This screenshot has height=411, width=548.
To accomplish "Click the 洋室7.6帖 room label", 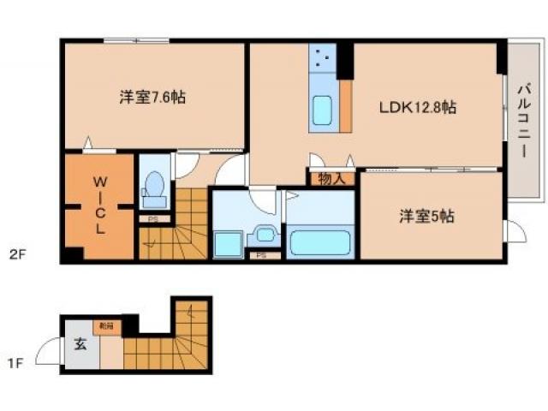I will [152, 97].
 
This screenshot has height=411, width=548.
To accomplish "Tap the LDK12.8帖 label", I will [417, 108].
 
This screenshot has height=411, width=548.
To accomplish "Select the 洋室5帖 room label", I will [426, 216].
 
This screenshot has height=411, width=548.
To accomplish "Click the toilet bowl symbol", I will [155, 184].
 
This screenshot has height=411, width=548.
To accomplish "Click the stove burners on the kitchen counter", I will [323, 57].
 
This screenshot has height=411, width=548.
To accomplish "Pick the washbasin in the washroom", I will [264, 233].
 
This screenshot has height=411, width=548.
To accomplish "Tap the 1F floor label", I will [15, 363].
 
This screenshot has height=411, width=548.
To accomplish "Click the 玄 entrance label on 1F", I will [80, 345].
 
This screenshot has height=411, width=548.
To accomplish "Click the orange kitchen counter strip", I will [346, 106].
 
